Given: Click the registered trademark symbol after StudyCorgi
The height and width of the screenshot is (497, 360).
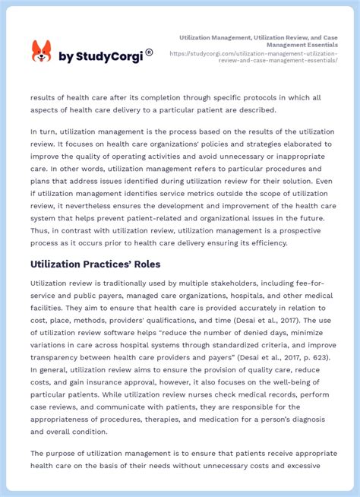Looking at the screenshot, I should click(x=149, y=52).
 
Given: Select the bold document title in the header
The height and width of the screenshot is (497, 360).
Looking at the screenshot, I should click(x=258, y=41).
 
